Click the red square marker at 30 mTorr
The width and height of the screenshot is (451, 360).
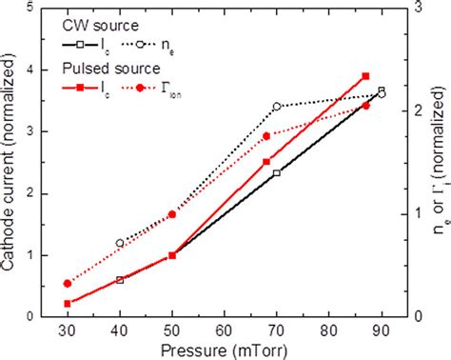coord(68,304)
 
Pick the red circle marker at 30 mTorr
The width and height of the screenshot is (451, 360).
coord(68,284)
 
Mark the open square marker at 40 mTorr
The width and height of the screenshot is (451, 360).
coord(120,280)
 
